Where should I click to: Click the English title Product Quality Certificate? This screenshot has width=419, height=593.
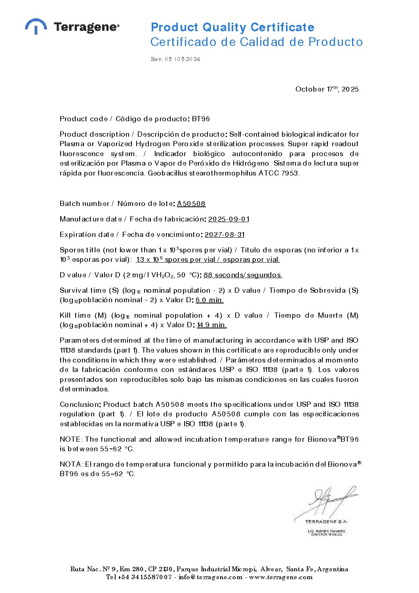[x=232, y=27]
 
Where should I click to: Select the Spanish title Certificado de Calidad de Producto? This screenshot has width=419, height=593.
[x=256, y=42]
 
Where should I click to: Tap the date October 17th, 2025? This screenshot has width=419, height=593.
[x=327, y=89]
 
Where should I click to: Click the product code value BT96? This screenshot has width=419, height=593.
[x=201, y=119]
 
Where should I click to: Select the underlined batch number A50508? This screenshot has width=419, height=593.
[x=191, y=204]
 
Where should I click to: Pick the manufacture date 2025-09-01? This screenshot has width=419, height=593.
[x=229, y=219]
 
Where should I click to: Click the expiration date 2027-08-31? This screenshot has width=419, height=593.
[x=225, y=235]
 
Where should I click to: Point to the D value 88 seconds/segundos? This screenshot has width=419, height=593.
[x=243, y=275]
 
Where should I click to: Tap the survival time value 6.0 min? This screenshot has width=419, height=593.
[x=209, y=300]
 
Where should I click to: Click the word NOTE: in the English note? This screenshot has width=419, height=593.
[x=71, y=439]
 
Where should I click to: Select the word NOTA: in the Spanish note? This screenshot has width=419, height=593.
[x=71, y=464]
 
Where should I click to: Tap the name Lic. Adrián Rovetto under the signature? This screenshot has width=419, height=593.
[x=326, y=531]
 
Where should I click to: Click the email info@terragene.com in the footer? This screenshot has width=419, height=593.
[x=210, y=577]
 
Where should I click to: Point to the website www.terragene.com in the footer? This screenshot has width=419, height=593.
[x=280, y=577]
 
